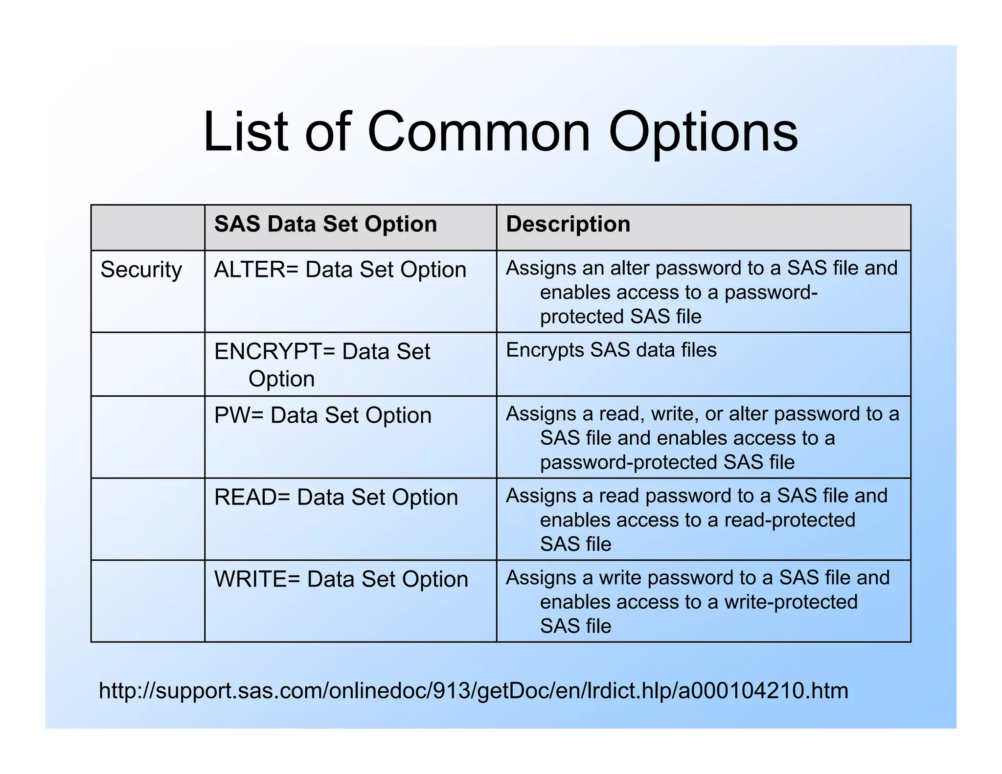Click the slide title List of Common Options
(500, 132)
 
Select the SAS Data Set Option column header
(325, 224)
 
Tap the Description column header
(568, 224)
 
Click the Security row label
(141, 270)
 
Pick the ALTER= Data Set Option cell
(340, 270)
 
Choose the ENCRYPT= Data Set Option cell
(322, 364)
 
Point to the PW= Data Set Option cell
(323, 415)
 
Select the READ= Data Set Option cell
(336, 498)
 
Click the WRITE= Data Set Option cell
(341, 579)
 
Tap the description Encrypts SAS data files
(611, 350)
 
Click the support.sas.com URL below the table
(473, 690)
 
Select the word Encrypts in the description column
(545, 350)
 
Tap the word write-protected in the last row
(791, 602)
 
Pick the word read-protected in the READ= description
(790, 520)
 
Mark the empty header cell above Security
(148, 228)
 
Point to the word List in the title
(246, 132)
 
